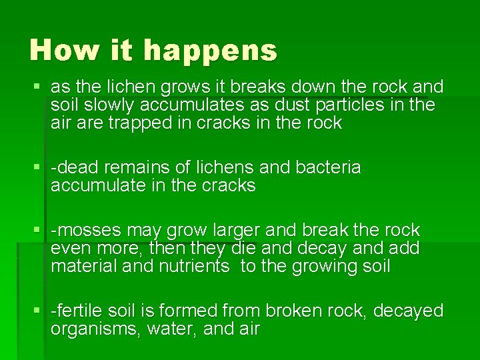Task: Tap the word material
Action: [81, 267]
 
